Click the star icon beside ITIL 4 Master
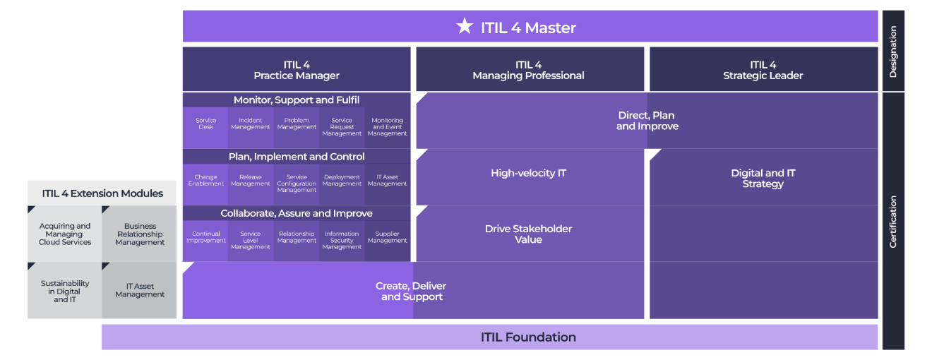coord(464,27)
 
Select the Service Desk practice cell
coord(205,124)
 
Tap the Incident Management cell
coord(251,124)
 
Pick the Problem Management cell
coord(297,124)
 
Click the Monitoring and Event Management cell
coord(387,127)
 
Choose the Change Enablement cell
coord(205,181)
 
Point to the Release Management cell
coord(251,181)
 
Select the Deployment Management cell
coord(342,181)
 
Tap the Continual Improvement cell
coord(205,237)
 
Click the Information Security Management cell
coord(342,240)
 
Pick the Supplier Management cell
coord(387,237)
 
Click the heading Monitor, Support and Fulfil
coord(297,100)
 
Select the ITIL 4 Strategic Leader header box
coord(763,69)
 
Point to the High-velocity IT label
coord(528,173)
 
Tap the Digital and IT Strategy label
coord(763,178)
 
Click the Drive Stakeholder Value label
coord(528,234)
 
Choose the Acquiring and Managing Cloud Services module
coord(65,234)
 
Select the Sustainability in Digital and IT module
coord(65,291)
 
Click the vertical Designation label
coord(893,51)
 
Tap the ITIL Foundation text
coord(528,337)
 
